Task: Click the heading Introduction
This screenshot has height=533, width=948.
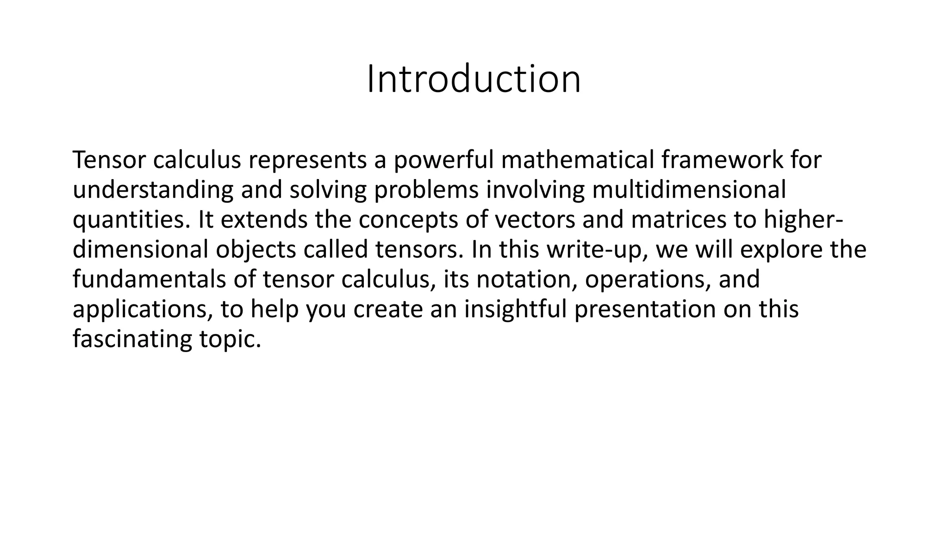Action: pos(474,80)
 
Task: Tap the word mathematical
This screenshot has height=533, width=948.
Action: pos(577,160)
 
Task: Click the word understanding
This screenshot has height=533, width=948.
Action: pos(153,190)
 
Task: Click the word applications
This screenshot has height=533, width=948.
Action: pos(143,310)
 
